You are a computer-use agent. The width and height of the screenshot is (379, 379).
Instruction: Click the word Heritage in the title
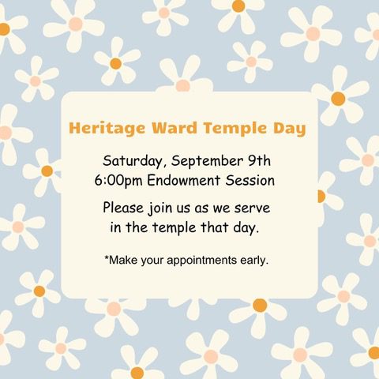[x=107, y=129]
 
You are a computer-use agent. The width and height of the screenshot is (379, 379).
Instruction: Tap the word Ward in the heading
[x=174, y=128]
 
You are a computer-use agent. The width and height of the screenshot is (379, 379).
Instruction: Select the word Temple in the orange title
[x=235, y=129]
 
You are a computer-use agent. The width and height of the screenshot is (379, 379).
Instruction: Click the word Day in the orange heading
[x=290, y=129]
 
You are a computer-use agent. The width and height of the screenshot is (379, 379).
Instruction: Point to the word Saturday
[x=133, y=161]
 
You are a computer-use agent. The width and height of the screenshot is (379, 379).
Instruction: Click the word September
[x=207, y=161]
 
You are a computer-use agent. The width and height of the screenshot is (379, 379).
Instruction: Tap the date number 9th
[x=260, y=160]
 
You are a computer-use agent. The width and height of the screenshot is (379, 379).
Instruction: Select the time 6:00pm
[x=118, y=181]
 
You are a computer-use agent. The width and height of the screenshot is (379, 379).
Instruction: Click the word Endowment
[x=183, y=180]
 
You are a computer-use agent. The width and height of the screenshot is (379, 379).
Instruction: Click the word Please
[x=123, y=208]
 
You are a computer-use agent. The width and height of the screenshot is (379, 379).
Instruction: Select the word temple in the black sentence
[x=174, y=228]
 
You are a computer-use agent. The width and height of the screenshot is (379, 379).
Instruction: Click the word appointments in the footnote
[x=202, y=261]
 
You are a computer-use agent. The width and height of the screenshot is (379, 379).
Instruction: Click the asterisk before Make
[x=107, y=257]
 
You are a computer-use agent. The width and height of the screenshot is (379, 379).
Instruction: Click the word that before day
[x=214, y=227]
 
